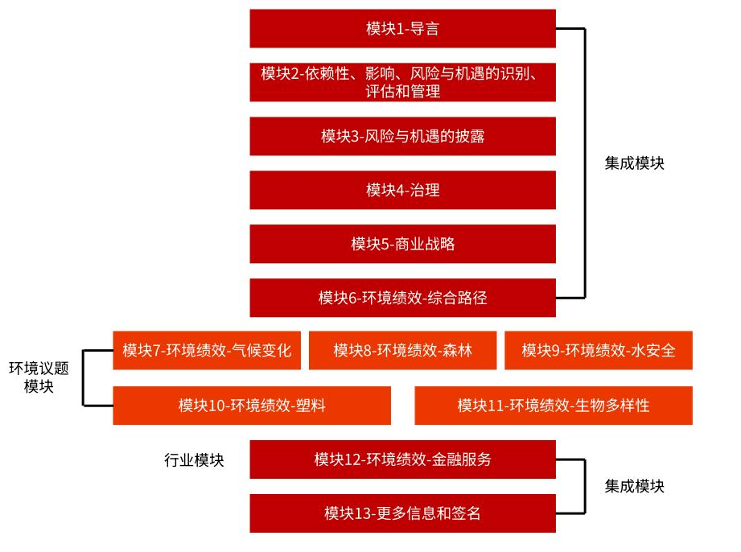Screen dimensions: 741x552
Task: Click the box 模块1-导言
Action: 402,28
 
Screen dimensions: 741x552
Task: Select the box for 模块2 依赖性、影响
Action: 402,82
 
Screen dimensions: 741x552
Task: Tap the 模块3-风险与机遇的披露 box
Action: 402,136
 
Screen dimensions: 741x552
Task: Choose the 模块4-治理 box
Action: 402,190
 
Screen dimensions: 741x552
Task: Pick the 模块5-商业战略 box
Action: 402,244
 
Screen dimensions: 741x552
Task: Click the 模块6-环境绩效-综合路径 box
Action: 402,298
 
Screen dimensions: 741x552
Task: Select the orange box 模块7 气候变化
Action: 207,350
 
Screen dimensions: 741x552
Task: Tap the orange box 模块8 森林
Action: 402,350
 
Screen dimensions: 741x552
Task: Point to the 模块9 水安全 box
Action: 599,350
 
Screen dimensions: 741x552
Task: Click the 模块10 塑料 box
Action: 252,406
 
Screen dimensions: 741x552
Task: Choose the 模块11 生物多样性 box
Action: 554,406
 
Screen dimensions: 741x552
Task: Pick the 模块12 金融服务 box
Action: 402,459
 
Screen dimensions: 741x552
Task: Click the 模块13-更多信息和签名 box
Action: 402,513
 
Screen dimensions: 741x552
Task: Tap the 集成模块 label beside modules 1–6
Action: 634,163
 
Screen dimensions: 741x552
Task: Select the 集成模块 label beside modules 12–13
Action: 634,486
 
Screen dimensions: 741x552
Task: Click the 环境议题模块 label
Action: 39,377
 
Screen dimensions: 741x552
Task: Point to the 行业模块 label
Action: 194,459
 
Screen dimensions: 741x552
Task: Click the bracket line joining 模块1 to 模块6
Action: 585,163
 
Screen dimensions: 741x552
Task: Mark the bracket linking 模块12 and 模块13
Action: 585,486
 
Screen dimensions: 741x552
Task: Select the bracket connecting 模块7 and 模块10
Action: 83,378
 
